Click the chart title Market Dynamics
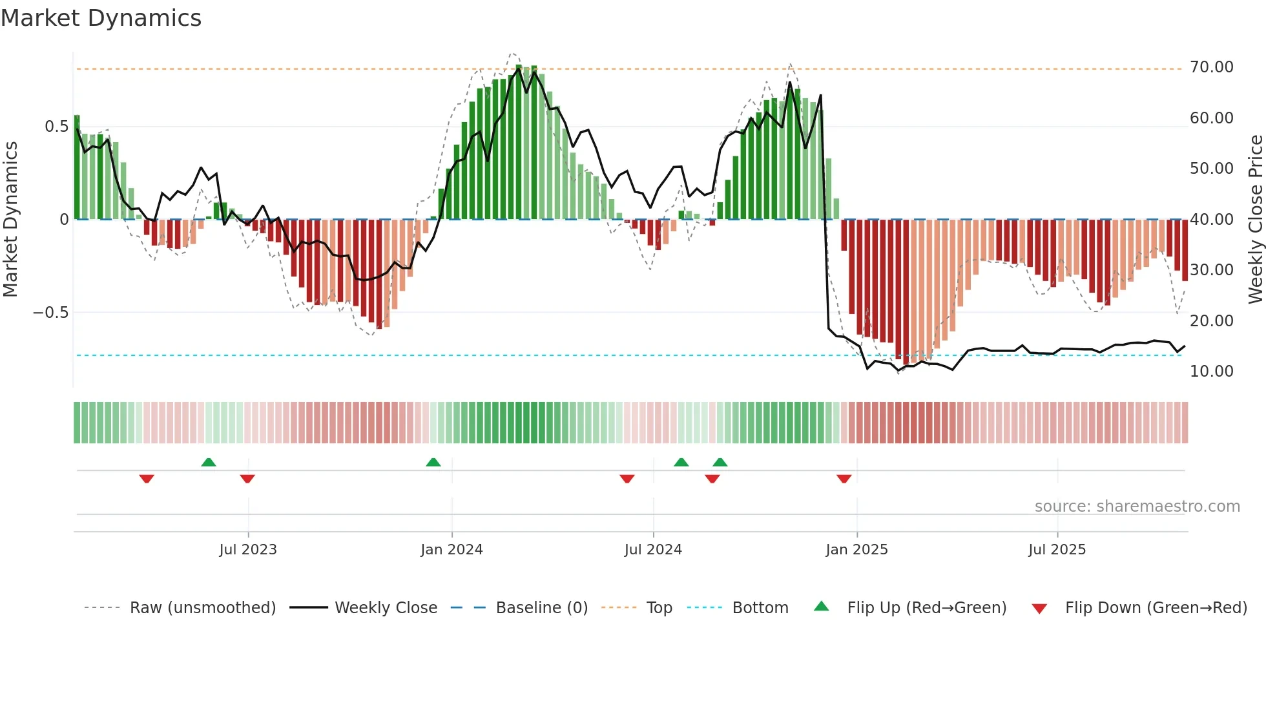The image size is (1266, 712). tap(101, 18)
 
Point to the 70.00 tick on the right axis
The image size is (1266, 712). tap(1211, 67)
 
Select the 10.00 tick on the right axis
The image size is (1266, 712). tap(1211, 372)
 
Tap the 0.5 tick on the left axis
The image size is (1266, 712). tap(56, 127)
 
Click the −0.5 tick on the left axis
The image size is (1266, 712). tap(51, 313)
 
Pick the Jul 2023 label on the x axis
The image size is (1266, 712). tap(247, 550)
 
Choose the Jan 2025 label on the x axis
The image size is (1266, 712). tap(856, 550)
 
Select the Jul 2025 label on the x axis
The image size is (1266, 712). tap(1057, 550)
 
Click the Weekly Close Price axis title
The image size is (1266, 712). tap(1255, 219)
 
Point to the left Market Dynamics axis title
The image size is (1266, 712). tap(10, 219)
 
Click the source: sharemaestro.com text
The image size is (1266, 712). tap(1137, 507)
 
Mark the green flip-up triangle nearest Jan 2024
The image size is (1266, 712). tap(433, 463)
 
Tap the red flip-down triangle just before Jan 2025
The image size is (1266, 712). tap(844, 479)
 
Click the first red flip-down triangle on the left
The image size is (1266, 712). tap(147, 479)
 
